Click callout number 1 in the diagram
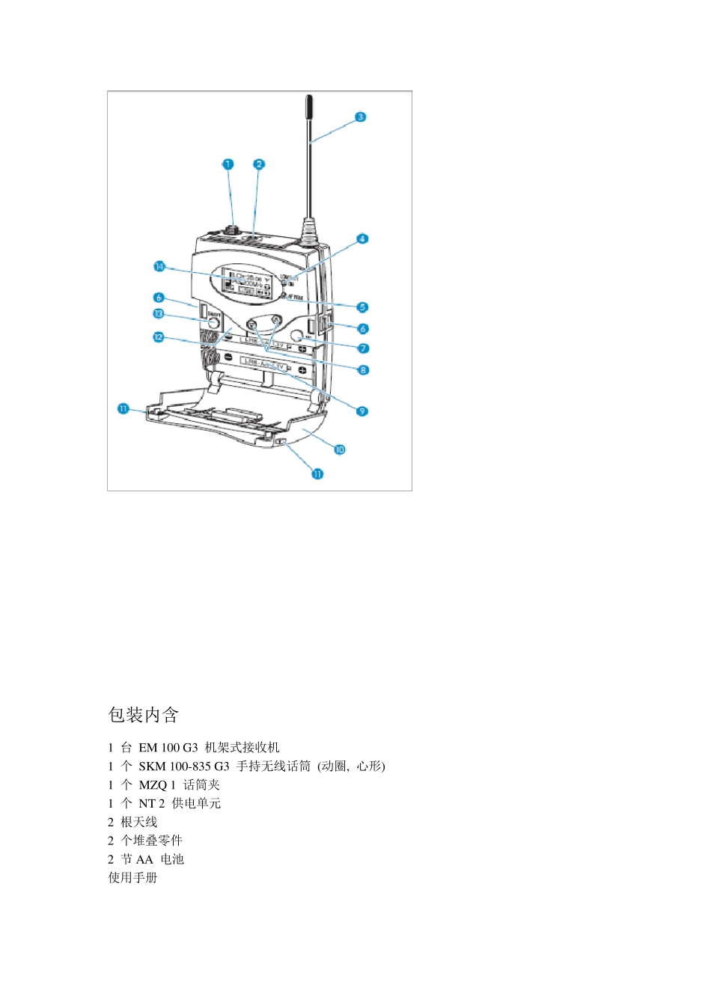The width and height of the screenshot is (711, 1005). [x=228, y=165]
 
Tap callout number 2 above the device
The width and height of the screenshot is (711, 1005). [x=259, y=165]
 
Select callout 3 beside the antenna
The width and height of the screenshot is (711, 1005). [x=360, y=117]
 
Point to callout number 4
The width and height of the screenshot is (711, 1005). [x=362, y=239]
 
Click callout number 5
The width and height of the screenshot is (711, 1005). [x=362, y=307]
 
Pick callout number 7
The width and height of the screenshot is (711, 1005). [x=363, y=348]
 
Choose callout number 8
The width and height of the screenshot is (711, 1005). [x=363, y=370]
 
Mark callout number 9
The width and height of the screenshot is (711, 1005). [x=362, y=411]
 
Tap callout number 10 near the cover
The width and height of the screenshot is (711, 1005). [x=340, y=449]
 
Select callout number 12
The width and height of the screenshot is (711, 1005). [x=159, y=337]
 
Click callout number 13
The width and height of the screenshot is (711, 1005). [x=159, y=314]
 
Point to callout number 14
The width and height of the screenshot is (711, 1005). [x=159, y=267]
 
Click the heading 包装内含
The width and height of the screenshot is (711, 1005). [x=143, y=715]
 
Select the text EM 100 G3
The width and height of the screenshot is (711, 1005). [x=168, y=747]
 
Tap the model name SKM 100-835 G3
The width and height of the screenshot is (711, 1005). [x=184, y=766]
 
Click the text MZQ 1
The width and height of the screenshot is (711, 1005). [x=157, y=784]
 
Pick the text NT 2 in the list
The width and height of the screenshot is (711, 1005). [x=151, y=803]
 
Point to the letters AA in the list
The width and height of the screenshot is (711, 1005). [x=144, y=859]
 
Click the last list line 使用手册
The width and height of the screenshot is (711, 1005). [x=132, y=877]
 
